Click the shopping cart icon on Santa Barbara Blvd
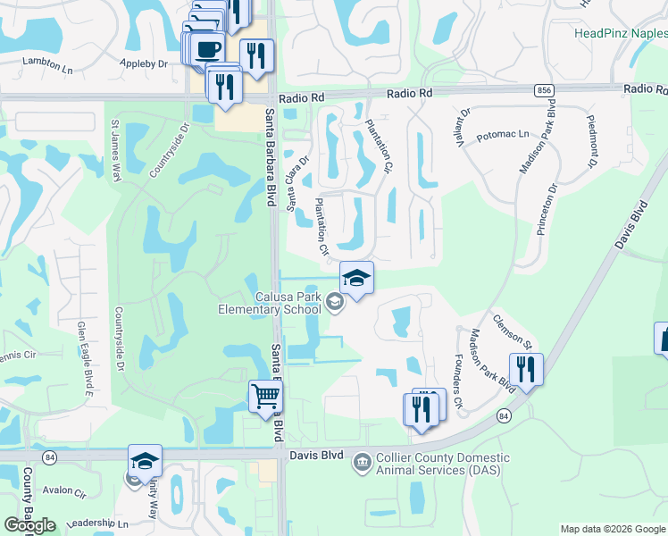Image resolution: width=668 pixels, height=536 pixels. pos(265,396)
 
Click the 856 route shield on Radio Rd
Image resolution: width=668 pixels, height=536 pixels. pos(544,90)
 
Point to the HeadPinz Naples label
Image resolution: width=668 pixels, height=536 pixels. pos(620,33)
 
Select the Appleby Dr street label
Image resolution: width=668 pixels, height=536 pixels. pos(143,64)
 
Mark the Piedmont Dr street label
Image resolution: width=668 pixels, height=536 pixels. pos(591,141)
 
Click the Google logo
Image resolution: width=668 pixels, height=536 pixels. pos(29,525)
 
